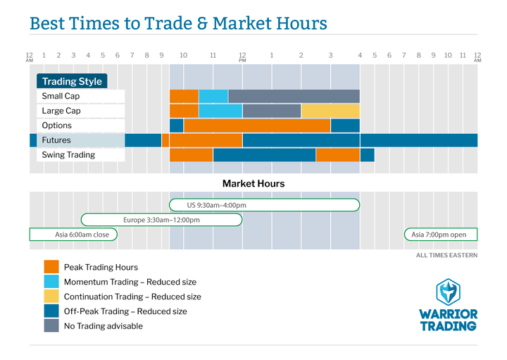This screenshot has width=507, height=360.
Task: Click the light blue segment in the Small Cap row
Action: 213,96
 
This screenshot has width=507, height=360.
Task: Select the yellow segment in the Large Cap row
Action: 330,111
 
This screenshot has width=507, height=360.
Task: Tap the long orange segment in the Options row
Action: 257,125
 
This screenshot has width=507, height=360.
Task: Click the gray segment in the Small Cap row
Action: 294,96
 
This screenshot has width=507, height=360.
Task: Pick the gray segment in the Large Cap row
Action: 272,111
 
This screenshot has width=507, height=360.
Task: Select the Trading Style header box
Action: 72,81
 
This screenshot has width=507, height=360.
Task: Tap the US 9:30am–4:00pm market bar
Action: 265,205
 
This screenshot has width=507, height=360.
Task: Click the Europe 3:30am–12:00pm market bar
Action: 162,220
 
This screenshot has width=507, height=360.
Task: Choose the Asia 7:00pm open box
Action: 441,235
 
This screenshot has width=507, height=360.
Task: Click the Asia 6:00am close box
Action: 73,235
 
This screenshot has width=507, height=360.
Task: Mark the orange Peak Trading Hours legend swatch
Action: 51,267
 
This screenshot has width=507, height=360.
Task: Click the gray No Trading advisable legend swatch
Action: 51,325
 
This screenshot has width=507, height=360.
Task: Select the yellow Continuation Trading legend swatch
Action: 51,297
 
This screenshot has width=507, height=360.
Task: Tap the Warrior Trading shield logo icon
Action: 448,292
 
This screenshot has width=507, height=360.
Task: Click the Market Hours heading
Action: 254,184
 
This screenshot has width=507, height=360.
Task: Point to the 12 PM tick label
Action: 242,57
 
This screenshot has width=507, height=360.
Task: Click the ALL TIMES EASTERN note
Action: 446,255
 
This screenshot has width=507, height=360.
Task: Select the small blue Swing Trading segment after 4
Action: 368,155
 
